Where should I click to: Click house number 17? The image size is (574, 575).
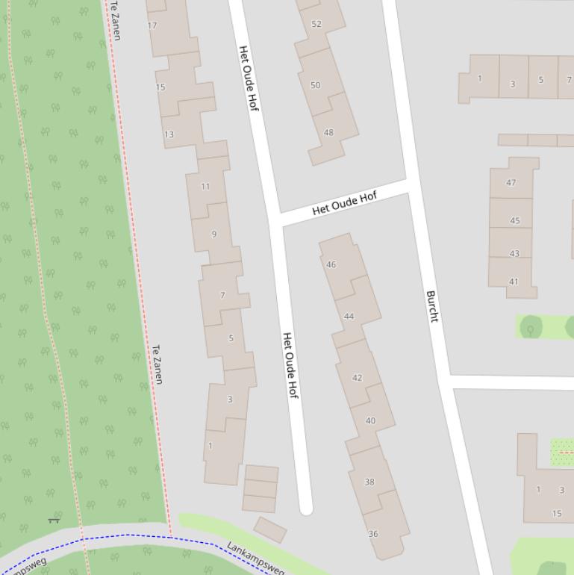coord(152,25)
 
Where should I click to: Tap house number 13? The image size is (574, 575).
coord(169,134)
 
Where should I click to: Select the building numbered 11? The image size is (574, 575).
coord(205,187)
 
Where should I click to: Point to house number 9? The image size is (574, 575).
coord(214,234)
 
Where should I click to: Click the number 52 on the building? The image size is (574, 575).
coord(316,24)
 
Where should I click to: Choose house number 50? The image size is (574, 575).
coord(315,85)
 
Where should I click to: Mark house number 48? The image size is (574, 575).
coord(328,133)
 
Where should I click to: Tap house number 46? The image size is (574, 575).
coord(331,264)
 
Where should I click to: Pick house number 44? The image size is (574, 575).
coord(349,317)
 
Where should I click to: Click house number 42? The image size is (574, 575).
coord(357,378)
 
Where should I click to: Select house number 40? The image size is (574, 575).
coord(370,421)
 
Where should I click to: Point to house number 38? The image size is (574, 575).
coord(369,482)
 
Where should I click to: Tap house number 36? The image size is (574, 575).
coord(373,534)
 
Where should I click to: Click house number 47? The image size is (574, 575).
coord(511,182)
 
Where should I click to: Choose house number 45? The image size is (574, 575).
coord(515,221)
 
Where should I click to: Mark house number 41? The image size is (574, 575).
coord(514,282)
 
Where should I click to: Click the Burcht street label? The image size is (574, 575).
coord(431,306)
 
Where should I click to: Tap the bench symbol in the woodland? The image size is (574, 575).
coord(53,520)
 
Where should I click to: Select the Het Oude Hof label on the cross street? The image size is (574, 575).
coord(344,203)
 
